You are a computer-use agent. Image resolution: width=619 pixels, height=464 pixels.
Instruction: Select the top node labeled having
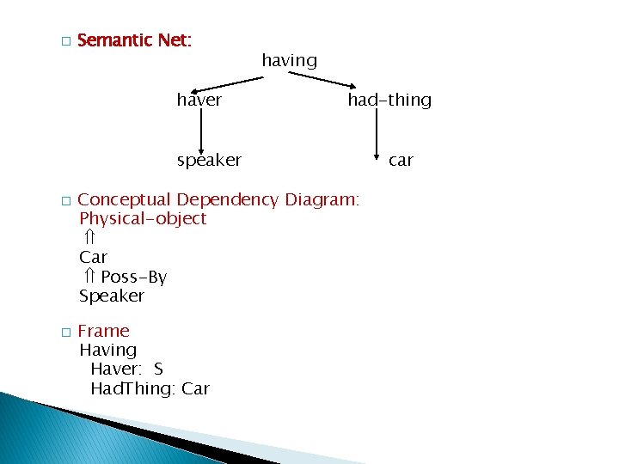pyautogui.click(x=289, y=60)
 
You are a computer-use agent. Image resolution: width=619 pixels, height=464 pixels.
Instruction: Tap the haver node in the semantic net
pyautogui.click(x=199, y=100)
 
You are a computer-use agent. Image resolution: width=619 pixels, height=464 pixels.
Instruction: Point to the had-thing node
pyautogui.click(x=389, y=100)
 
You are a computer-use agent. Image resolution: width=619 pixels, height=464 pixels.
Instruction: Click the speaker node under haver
pyautogui.click(x=209, y=160)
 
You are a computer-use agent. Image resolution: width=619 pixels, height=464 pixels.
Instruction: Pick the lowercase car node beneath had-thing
pyautogui.click(x=401, y=160)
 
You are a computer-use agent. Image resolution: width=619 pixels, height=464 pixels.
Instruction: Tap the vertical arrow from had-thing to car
pyautogui.click(x=376, y=135)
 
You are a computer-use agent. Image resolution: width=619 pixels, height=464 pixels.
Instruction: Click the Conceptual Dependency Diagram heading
pyautogui.click(x=218, y=199)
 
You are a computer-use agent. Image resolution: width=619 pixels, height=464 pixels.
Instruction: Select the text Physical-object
pyautogui.click(x=143, y=218)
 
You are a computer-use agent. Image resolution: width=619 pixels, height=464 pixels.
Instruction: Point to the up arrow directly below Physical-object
pyautogui.click(x=88, y=237)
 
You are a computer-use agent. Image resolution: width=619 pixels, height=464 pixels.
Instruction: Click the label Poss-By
pyautogui.click(x=133, y=277)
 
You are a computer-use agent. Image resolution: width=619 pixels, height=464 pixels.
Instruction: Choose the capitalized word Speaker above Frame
pyautogui.click(x=112, y=296)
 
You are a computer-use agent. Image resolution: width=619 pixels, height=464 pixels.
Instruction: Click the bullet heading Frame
pyautogui.click(x=103, y=331)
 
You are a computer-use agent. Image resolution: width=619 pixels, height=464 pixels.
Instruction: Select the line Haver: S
pyautogui.click(x=126, y=369)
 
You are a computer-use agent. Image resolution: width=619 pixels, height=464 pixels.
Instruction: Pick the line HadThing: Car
pyautogui.click(x=150, y=388)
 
